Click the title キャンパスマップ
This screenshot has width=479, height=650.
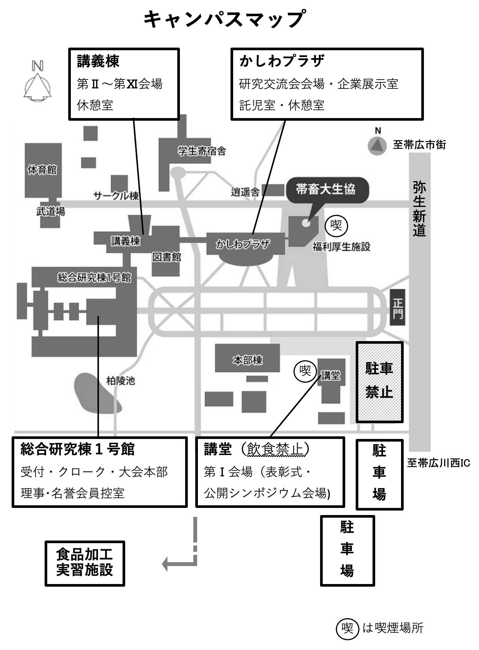tap(224, 19)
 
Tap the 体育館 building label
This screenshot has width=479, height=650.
tap(42, 170)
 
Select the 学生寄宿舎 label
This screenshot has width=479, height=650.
tap(202, 151)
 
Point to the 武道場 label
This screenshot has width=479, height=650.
tap(50, 211)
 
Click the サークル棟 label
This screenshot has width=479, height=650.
tap(116, 195)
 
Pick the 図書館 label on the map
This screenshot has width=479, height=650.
tap(167, 257)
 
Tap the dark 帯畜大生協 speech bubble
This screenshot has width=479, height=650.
tap(326, 189)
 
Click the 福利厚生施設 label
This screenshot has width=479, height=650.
tap(341, 247)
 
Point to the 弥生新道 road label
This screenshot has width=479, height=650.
tap(419, 208)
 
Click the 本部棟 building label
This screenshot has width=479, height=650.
tap(247, 360)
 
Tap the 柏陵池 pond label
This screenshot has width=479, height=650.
tap(120, 381)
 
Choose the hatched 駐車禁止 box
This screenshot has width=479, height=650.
tap(379, 382)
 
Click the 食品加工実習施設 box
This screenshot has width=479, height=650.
tap(85, 563)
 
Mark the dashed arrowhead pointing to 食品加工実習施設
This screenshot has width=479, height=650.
tap(166, 563)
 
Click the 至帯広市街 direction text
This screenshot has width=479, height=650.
tap(419, 145)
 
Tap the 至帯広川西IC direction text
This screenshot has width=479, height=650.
tap(438, 463)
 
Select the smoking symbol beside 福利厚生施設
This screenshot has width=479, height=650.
tap(336, 226)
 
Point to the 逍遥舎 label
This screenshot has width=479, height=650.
tap(245, 192)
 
